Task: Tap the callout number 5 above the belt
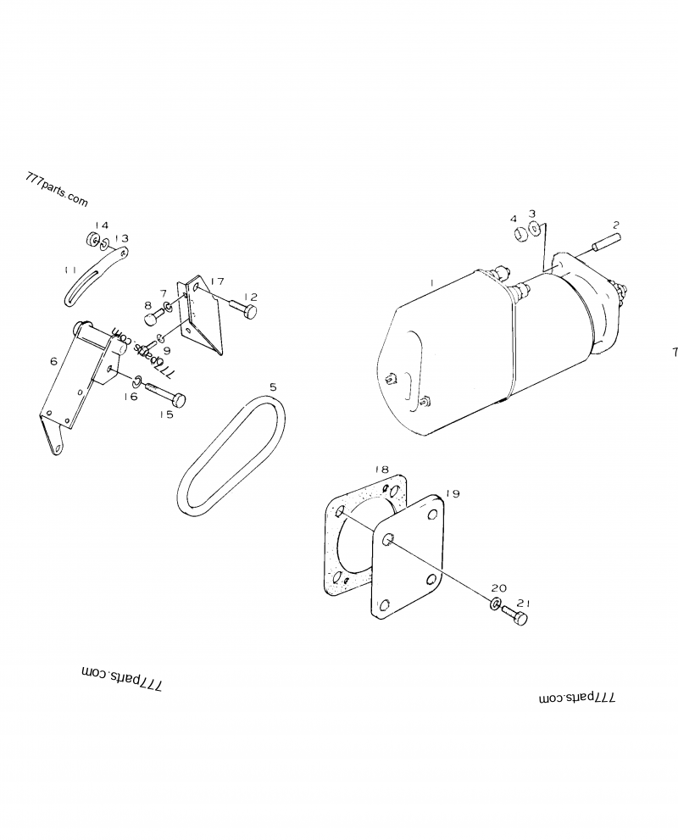pyautogui.click(x=272, y=387)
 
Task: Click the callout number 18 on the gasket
pyautogui.click(x=381, y=469)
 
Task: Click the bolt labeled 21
pyautogui.click(x=515, y=616)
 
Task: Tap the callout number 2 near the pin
pyautogui.click(x=616, y=225)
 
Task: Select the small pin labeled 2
pyautogui.click(x=600, y=247)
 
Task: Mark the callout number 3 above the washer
pyautogui.click(x=531, y=214)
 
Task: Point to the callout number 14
pyautogui.click(x=102, y=225)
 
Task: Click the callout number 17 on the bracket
pyautogui.click(x=218, y=281)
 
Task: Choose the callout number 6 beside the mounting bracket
pyautogui.click(x=53, y=361)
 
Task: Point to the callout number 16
pyautogui.click(x=131, y=396)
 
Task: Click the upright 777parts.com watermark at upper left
pyautogui.click(x=57, y=191)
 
